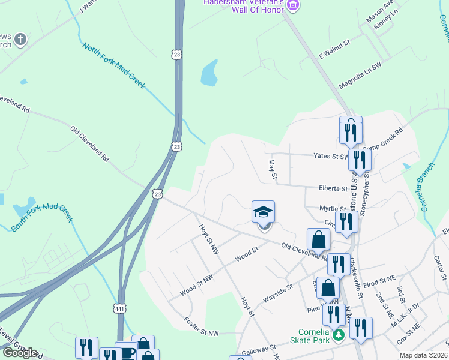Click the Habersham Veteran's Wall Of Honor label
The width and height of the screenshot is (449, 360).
pyautogui.click(x=243, y=5)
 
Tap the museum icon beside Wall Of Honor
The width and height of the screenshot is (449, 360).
pyautogui.click(x=293, y=5)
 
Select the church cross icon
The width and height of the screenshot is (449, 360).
pyautogui.click(x=20, y=40)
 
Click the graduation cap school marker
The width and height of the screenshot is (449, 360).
pyautogui.click(x=263, y=213)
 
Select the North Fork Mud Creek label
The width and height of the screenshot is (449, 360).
pyautogui.click(x=114, y=66)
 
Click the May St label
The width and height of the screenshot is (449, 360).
pyautogui.click(x=273, y=169)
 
